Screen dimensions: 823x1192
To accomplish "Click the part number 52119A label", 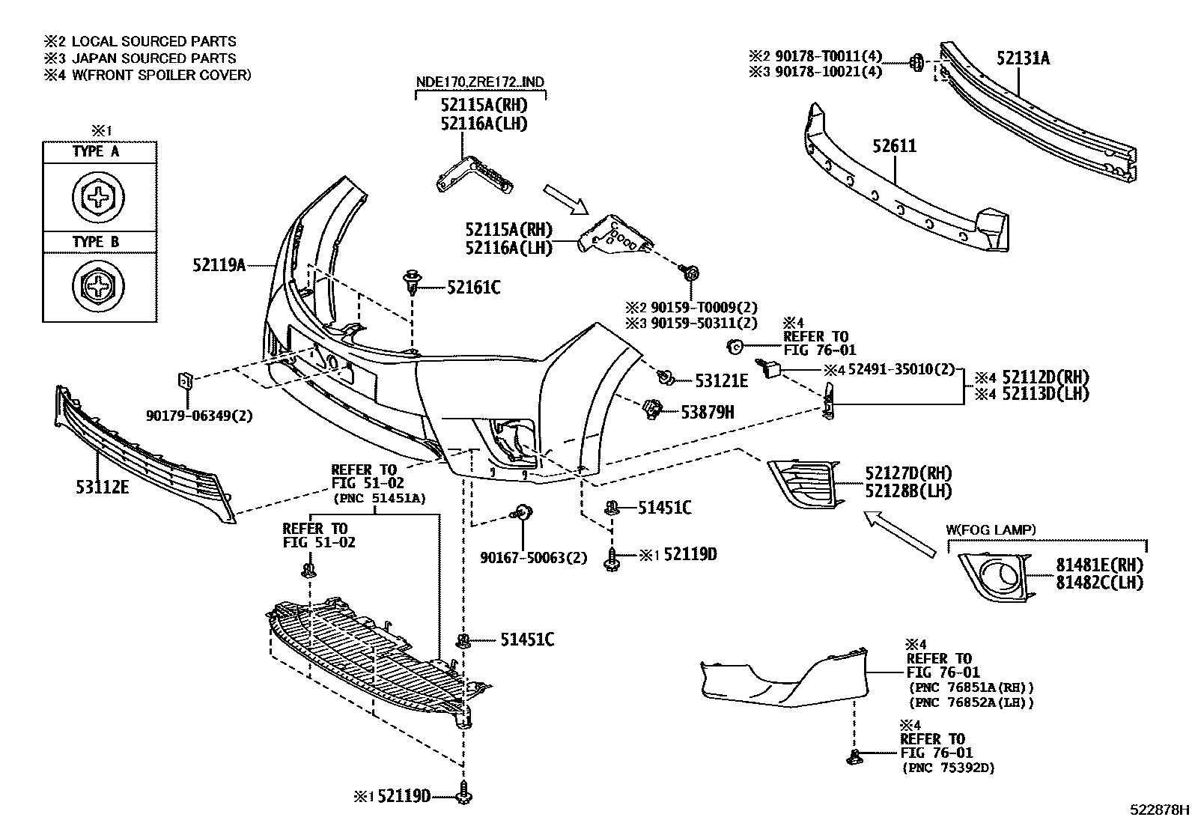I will coord(219,264).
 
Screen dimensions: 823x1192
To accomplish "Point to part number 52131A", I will coord(1023,58).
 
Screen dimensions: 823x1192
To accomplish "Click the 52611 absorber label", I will coord(893,145).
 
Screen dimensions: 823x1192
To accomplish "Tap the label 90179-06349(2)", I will coord(198,414).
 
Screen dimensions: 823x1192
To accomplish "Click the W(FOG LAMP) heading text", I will coord(991,529).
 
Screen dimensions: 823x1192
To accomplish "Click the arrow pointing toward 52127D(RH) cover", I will coord(898,533).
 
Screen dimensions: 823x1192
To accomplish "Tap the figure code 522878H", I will coord(1159,810).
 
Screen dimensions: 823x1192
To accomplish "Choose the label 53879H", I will coord(707,411).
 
